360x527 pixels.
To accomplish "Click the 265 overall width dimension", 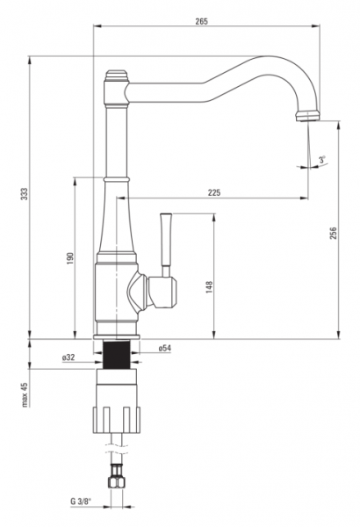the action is click(x=201, y=21).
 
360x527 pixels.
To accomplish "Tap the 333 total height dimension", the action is click(x=25, y=194).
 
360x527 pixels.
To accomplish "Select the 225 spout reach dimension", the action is click(x=214, y=192).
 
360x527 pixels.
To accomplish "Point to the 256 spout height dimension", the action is click(x=333, y=234).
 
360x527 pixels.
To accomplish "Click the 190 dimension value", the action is click(x=70, y=257).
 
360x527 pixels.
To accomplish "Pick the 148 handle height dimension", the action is click(x=209, y=287).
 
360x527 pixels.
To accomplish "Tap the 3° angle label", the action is click(x=323, y=160).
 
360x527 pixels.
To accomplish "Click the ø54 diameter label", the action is click(x=165, y=348).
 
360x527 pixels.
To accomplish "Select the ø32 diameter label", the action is click(x=68, y=357).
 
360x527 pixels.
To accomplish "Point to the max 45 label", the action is click(x=25, y=394).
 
